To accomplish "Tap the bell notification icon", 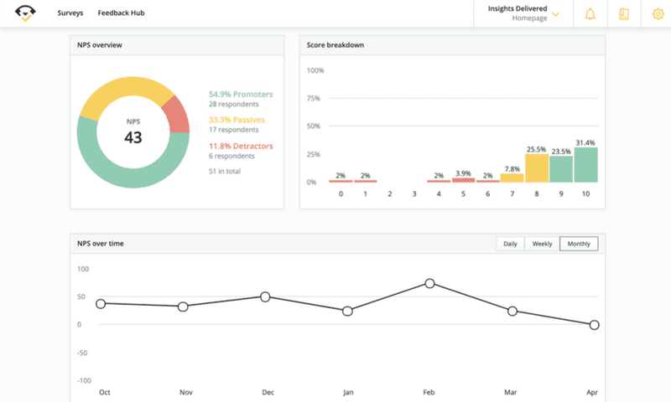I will pos(590,14).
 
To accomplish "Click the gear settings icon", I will pos(658,14).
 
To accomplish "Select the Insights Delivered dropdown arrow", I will pos(555,14).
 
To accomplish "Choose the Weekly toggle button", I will pos(542,244).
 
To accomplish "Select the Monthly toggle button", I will pos(579,244).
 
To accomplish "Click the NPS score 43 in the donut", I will pos(133,137).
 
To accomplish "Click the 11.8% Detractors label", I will pos(242,146).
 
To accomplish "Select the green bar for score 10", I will pos(585,165).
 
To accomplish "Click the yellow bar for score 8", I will pos(537,167).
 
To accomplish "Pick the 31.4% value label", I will pos(585,142).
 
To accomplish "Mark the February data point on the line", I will pos(429,283).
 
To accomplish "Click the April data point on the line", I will pos(594,324).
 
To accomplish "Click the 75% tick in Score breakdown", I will pos(315,99).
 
